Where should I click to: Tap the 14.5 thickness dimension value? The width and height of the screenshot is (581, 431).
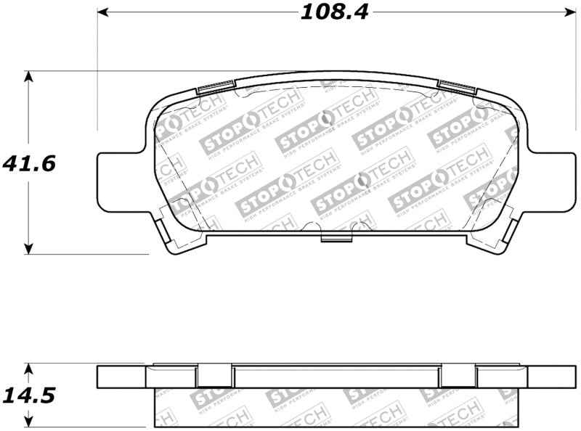(x=30, y=396)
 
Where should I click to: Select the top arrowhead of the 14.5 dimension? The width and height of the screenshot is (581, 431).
(x=28, y=368)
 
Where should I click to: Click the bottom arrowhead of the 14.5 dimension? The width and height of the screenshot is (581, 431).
(x=28, y=424)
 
